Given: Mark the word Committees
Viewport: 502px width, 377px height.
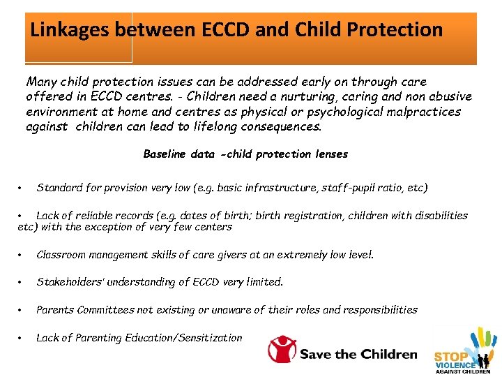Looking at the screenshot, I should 107,309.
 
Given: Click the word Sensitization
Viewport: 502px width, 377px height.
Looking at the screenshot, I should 211,337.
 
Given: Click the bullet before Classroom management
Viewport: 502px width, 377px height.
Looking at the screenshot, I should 22,255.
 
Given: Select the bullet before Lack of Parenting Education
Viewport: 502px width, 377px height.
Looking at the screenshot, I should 22,338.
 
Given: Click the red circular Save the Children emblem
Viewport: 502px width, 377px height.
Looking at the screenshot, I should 282,349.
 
